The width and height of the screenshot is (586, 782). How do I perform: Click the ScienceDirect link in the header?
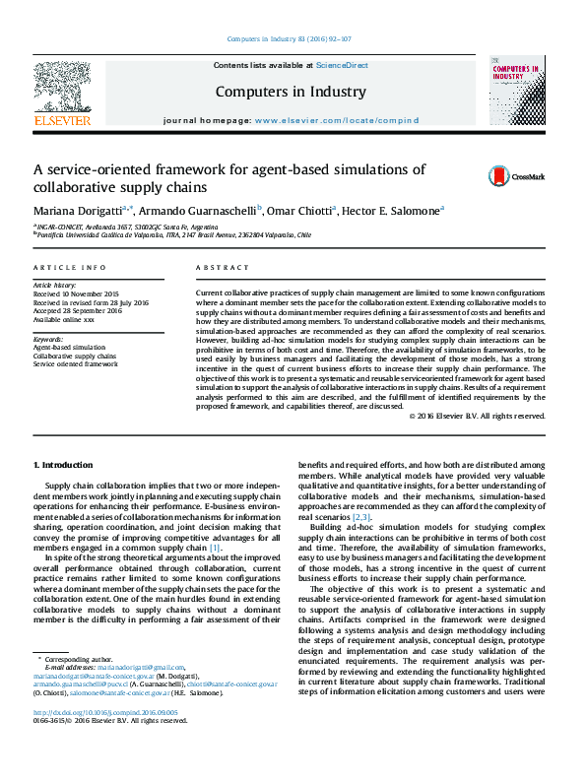342,65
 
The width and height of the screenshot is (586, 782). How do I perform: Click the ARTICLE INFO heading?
69,268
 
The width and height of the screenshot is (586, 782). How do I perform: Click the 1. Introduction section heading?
64,465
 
